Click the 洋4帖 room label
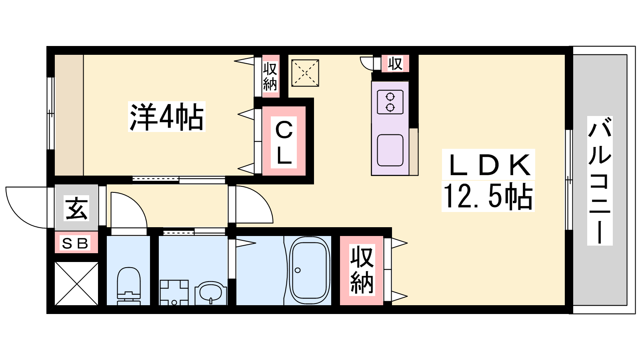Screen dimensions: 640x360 (x=167, y=117)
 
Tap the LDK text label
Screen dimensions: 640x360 (x=488, y=165)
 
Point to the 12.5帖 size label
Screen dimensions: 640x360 (x=488, y=196)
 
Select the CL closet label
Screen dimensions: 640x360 (x=284, y=142)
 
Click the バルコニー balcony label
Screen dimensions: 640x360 (x=600, y=180)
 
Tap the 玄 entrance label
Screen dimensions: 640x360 (x=76, y=208)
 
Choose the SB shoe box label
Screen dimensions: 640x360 (x=75, y=244)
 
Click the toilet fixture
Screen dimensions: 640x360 (x=128, y=286)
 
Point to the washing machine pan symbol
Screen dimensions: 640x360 (x=174, y=292)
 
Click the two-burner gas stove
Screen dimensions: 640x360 (x=390, y=102)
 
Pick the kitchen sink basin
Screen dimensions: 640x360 (x=390, y=150)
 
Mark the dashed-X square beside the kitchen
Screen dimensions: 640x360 (x=305, y=73)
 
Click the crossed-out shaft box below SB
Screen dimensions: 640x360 (x=76, y=284)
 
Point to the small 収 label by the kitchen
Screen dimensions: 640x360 (x=395, y=64)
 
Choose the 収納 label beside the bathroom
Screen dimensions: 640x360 (x=362, y=270)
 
